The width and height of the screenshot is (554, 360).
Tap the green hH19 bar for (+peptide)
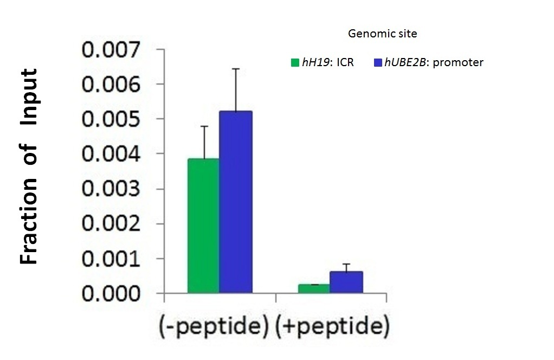[x=314, y=288]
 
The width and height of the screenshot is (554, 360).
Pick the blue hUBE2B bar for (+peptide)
[x=346, y=282]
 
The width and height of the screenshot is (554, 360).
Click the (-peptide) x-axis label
[x=214, y=327]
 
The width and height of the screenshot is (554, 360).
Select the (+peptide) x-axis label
[x=332, y=327]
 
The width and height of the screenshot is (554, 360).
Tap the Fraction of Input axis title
[x=29, y=166]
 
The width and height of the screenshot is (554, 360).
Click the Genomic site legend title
[x=382, y=34]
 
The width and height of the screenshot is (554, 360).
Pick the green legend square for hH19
[x=295, y=62]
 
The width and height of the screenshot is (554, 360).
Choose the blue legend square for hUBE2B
[x=378, y=62]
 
